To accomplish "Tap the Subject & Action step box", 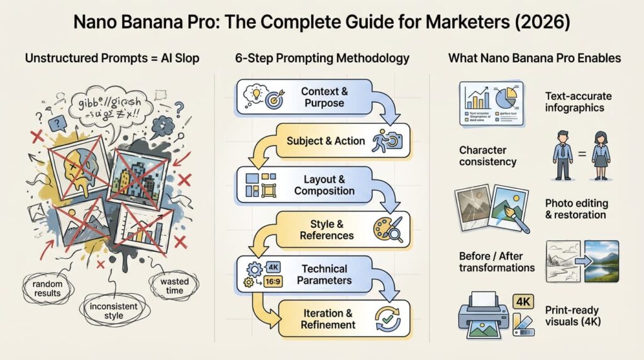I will [x=340, y=141].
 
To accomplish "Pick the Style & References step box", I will [x=340, y=229].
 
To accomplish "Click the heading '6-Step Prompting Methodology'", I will [x=322, y=59].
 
